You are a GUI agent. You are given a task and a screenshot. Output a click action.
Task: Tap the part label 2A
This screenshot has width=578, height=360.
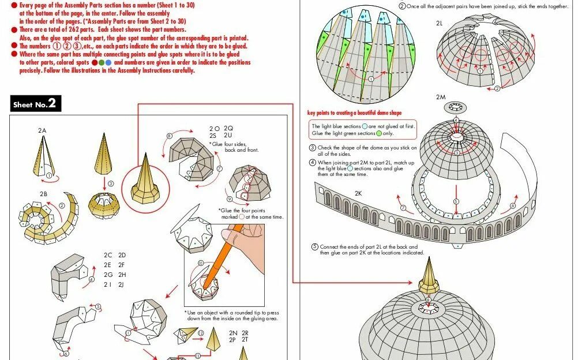[42, 131]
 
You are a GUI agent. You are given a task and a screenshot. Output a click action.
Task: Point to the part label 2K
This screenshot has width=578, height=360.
[358, 193]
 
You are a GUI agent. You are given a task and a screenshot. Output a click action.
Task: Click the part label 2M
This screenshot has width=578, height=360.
[441, 97]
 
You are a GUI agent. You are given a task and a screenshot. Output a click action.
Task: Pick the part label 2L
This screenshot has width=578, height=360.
[439, 24]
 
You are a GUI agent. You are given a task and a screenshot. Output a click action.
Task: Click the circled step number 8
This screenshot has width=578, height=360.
[169, 136]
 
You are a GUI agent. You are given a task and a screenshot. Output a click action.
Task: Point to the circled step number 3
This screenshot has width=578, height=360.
[110, 183]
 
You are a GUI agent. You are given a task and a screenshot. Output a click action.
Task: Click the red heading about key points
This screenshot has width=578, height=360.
[354, 113]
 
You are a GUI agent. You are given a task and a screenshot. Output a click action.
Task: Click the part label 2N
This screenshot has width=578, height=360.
[233, 333]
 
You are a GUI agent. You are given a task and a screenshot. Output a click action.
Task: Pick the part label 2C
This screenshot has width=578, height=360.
[108, 254]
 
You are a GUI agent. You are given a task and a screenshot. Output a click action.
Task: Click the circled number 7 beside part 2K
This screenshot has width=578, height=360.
[404, 208]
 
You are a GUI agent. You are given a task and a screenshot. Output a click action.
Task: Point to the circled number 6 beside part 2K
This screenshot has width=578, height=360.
[513, 205]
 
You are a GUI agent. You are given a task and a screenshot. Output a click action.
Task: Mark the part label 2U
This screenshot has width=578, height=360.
[228, 136]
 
